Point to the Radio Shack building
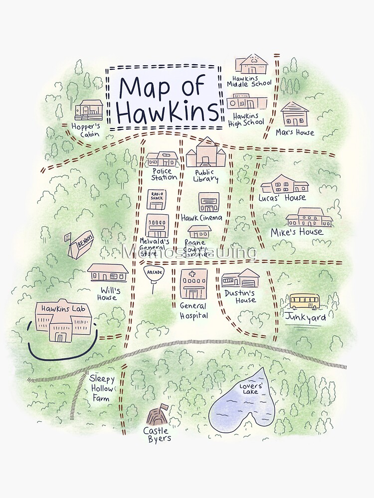click(x=158, y=199)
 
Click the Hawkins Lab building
click(x=63, y=322)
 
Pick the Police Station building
click(x=162, y=159)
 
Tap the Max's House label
click(x=295, y=132)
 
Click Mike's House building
click(x=309, y=217)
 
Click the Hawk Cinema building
click(x=208, y=202)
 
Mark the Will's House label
click(x=107, y=294)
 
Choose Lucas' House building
click(x=284, y=184)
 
